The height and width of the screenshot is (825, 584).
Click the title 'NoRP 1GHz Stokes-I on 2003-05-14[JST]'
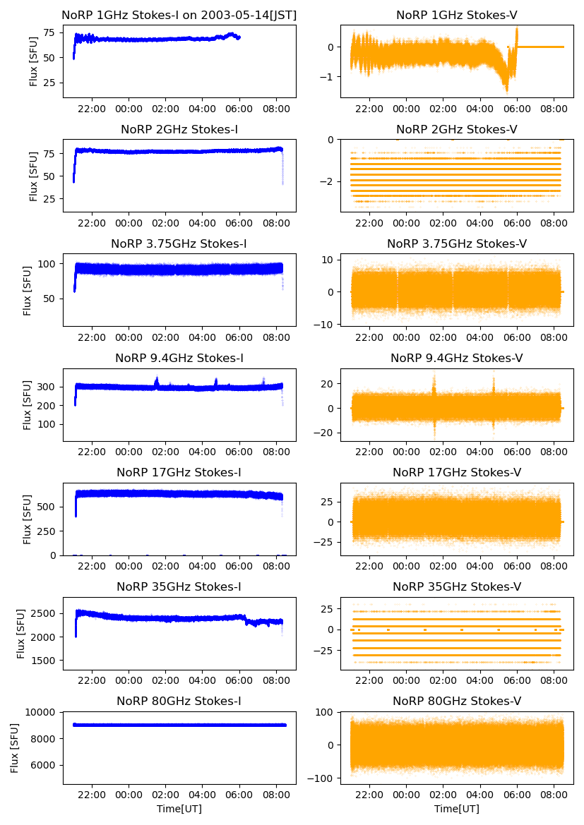click(179, 15)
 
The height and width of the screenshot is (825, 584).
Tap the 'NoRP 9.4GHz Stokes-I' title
click(179, 358)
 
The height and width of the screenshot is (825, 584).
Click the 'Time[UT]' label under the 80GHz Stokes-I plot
click(179, 809)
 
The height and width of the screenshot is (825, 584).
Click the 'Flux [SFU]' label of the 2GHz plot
click(33, 176)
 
